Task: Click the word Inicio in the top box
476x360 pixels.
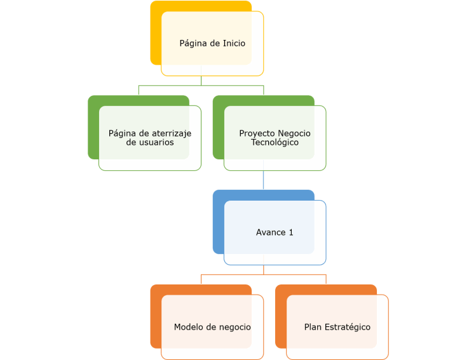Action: pyautogui.click(x=233, y=44)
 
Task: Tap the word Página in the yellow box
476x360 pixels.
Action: pyautogui.click(x=193, y=44)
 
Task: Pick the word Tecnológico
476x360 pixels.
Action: pyautogui.click(x=275, y=143)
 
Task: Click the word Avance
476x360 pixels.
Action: pyautogui.click(x=271, y=232)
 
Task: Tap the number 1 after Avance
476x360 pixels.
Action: pyautogui.click(x=291, y=232)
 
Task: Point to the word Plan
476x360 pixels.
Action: pyautogui.click(x=313, y=327)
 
